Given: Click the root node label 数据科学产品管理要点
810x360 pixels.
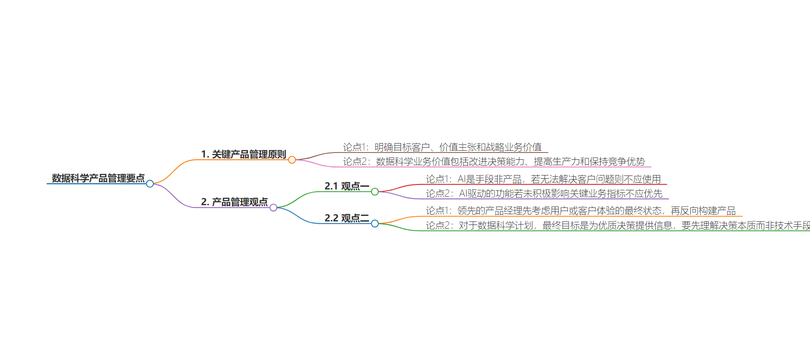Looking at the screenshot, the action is [x=98, y=178].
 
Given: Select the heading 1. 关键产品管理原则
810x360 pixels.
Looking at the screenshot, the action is [x=243, y=154].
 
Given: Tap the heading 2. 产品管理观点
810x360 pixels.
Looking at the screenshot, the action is [x=234, y=202].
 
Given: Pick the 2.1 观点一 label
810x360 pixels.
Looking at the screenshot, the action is [x=347, y=186].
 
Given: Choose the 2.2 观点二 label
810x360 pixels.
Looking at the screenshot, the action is [x=347, y=218].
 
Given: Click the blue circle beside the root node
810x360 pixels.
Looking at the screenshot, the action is [x=150, y=184].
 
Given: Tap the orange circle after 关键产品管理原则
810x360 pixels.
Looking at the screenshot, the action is [x=292, y=160].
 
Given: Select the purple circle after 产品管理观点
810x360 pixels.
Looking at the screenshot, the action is [x=273, y=207].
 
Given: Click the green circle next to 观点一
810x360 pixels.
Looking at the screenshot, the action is [x=375, y=192].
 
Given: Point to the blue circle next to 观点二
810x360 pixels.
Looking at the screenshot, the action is [x=375, y=224].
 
